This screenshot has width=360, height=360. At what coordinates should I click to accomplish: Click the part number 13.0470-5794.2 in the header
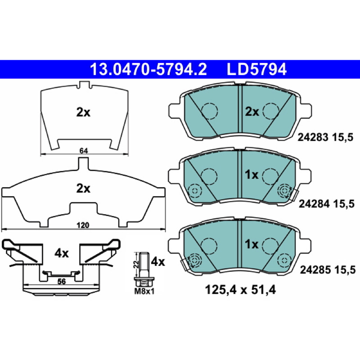(148, 69)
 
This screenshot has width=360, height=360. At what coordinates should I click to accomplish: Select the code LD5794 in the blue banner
(256, 69)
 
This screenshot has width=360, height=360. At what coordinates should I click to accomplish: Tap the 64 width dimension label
(84, 151)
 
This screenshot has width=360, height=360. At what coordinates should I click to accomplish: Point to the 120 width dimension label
(83, 225)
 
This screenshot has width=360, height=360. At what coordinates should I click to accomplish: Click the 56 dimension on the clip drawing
(62, 282)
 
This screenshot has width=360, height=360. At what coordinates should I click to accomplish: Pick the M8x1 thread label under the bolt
(144, 292)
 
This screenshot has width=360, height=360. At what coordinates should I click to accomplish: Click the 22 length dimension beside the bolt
(136, 264)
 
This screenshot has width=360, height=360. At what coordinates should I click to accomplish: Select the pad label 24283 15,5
(325, 138)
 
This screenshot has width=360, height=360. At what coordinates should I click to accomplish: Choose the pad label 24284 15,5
(327, 204)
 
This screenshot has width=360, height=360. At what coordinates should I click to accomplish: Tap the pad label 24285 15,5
(328, 270)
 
